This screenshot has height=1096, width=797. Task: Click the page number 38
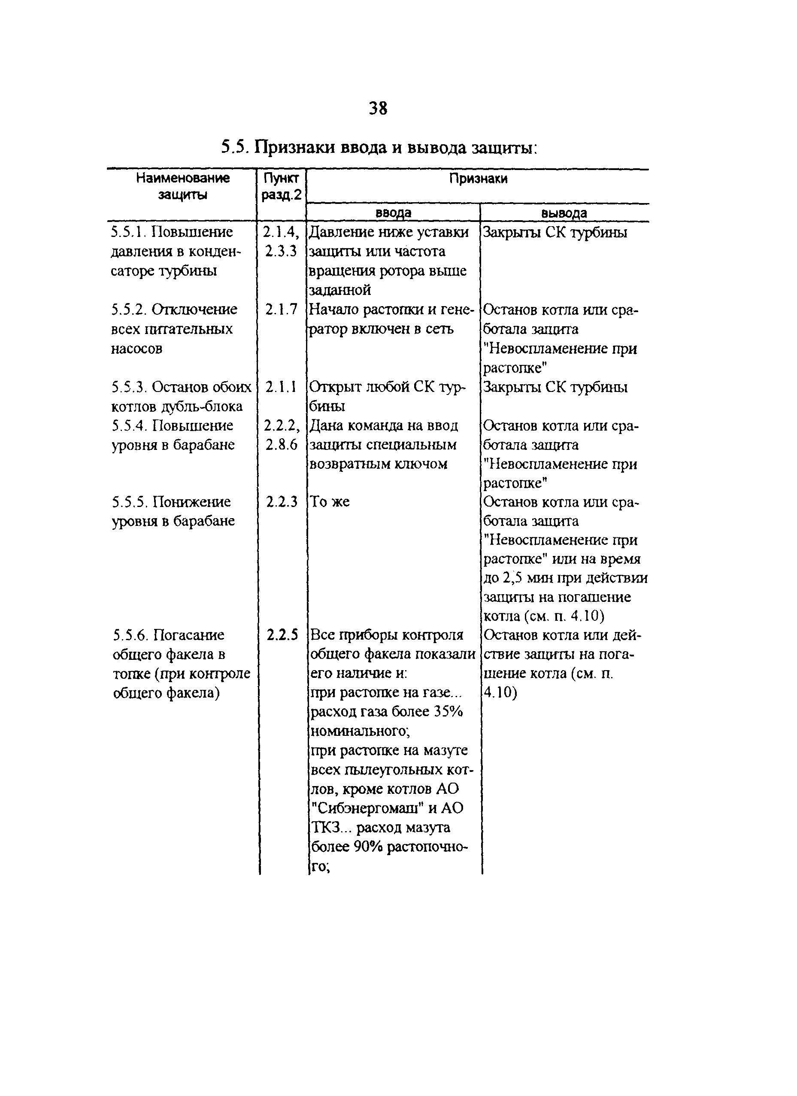coord(378,108)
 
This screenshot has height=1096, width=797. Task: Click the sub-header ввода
coord(393,213)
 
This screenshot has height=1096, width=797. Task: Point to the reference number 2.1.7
coord(281,309)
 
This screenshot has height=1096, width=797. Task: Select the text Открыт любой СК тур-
coord(387,387)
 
